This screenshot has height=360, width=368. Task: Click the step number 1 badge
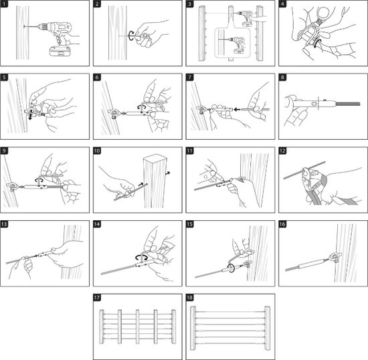4,4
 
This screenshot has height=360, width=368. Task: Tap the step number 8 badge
282,77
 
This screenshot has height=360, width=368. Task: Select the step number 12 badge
282,151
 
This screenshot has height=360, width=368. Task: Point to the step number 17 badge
97,298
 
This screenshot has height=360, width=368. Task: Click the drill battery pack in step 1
60,51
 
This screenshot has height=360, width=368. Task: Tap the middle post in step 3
231,33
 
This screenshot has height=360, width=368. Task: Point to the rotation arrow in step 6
142,107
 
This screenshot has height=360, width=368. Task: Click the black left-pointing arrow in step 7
238,109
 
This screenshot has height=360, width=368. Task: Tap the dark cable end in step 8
348,104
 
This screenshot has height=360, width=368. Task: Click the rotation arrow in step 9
39,180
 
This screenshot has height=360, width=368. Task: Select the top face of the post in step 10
155,159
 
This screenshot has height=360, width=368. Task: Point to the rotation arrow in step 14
141,257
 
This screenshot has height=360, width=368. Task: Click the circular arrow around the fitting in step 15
232,268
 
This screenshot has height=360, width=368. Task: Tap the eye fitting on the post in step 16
335,256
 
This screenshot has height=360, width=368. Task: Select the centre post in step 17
138,327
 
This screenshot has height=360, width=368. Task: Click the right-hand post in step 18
268,328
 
